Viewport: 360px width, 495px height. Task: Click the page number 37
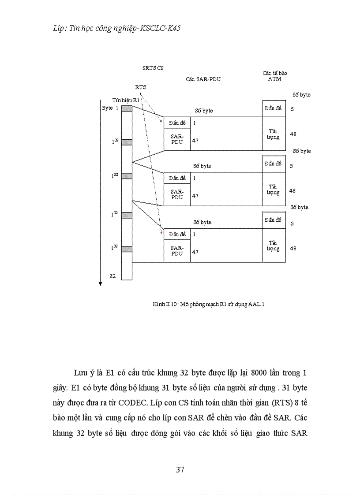180,469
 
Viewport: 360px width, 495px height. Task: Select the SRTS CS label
153,68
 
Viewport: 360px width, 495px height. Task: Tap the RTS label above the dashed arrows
140,87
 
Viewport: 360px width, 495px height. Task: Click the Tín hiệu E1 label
126,100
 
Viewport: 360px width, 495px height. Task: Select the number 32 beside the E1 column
112,276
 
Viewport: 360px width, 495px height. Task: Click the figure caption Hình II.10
208,304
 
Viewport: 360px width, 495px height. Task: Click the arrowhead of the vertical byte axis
100,283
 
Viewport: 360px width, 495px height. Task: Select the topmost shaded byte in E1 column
127,108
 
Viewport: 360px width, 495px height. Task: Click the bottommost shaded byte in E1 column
127,249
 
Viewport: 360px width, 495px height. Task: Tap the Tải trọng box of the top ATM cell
274,134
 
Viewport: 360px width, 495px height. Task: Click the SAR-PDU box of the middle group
177,194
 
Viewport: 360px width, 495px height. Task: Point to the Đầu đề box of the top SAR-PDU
177,123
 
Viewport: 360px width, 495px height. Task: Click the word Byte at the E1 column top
107,108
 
